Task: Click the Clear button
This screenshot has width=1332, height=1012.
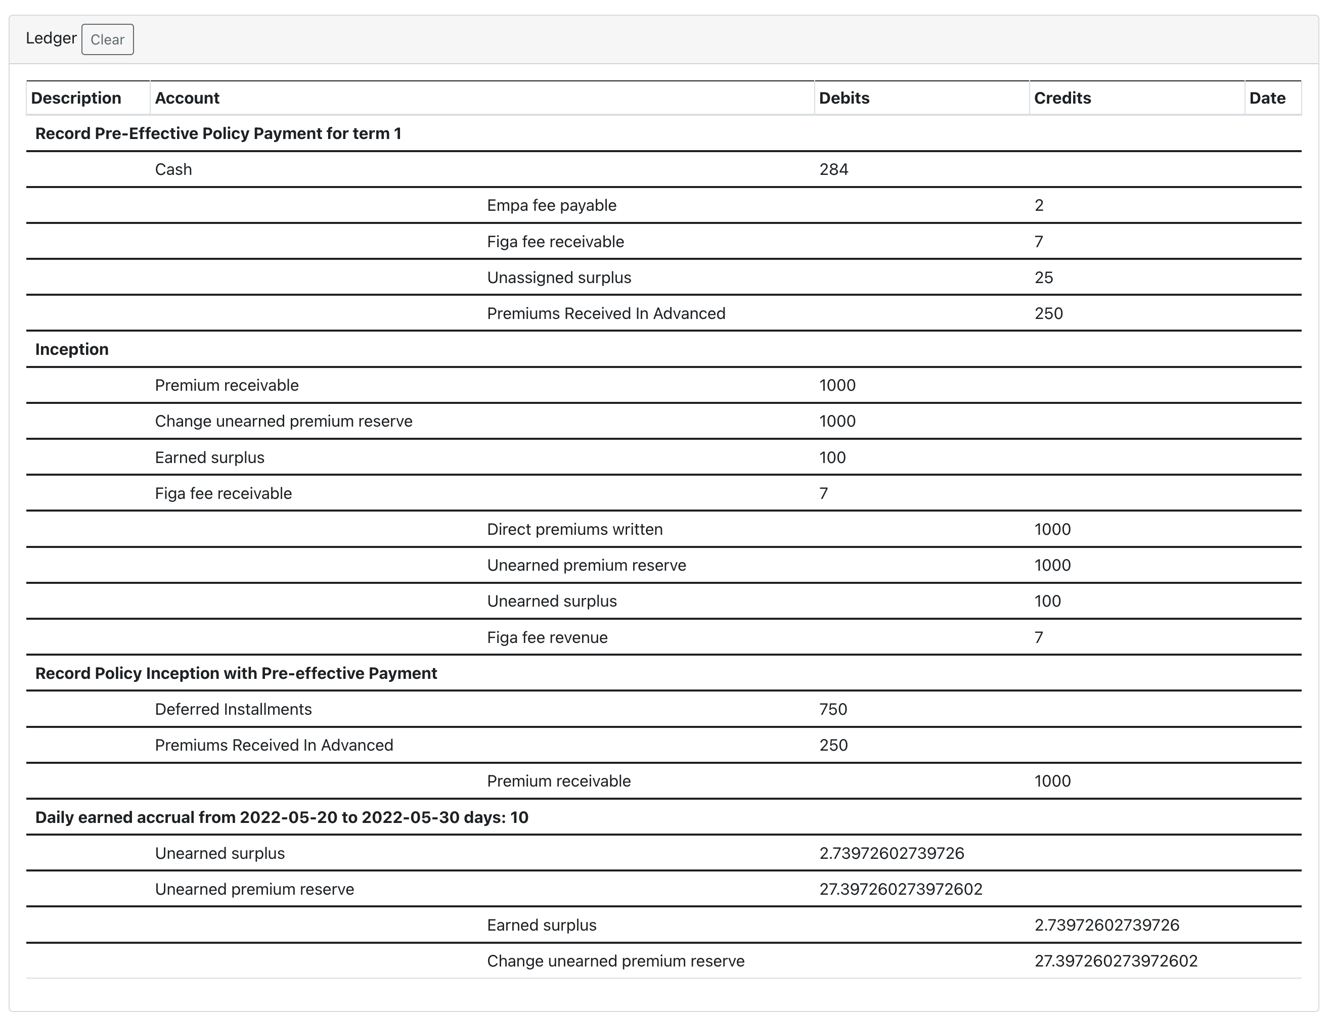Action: coord(107,40)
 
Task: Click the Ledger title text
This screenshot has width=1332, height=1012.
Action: coord(51,38)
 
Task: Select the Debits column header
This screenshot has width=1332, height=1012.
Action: coord(844,98)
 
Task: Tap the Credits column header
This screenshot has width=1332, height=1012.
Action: coord(1062,98)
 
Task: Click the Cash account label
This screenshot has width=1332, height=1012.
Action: coord(173,169)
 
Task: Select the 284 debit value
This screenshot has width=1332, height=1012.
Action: coord(834,169)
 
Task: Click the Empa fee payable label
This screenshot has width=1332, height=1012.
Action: coord(551,205)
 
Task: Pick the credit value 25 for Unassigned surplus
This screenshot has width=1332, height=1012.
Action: coord(1043,278)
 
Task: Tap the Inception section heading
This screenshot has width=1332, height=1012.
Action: coord(72,349)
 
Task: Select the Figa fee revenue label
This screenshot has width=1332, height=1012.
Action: coord(547,637)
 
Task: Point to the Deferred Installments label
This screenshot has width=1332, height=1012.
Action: coord(233,710)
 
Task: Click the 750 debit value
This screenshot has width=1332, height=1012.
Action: coord(833,710)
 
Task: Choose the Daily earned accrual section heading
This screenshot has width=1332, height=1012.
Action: coord(281,817)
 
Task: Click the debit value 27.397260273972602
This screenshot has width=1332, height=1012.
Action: coord(901,890)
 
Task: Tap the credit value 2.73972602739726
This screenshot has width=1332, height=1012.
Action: coord(1106,925)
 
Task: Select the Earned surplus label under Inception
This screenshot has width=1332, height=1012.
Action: coord(210,458)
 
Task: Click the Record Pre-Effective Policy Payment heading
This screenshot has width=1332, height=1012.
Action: coord(218,134)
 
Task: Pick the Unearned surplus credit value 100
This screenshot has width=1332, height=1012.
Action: coord(1048,601)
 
